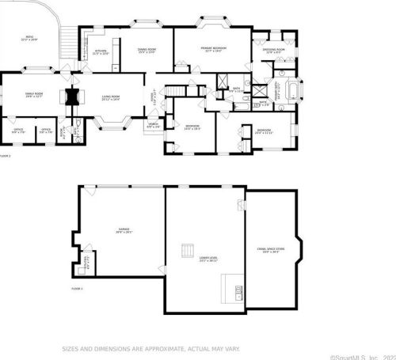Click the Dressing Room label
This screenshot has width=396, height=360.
click(274, 51)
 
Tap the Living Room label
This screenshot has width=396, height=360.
click(111, 97)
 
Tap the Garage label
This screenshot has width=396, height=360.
click(123, 230)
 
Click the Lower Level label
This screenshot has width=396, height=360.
click(208, 259)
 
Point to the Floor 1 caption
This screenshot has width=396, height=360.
click(77, 289)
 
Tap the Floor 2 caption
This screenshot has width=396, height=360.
click(5, 156)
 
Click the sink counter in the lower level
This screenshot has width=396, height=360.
click(233, 290)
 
